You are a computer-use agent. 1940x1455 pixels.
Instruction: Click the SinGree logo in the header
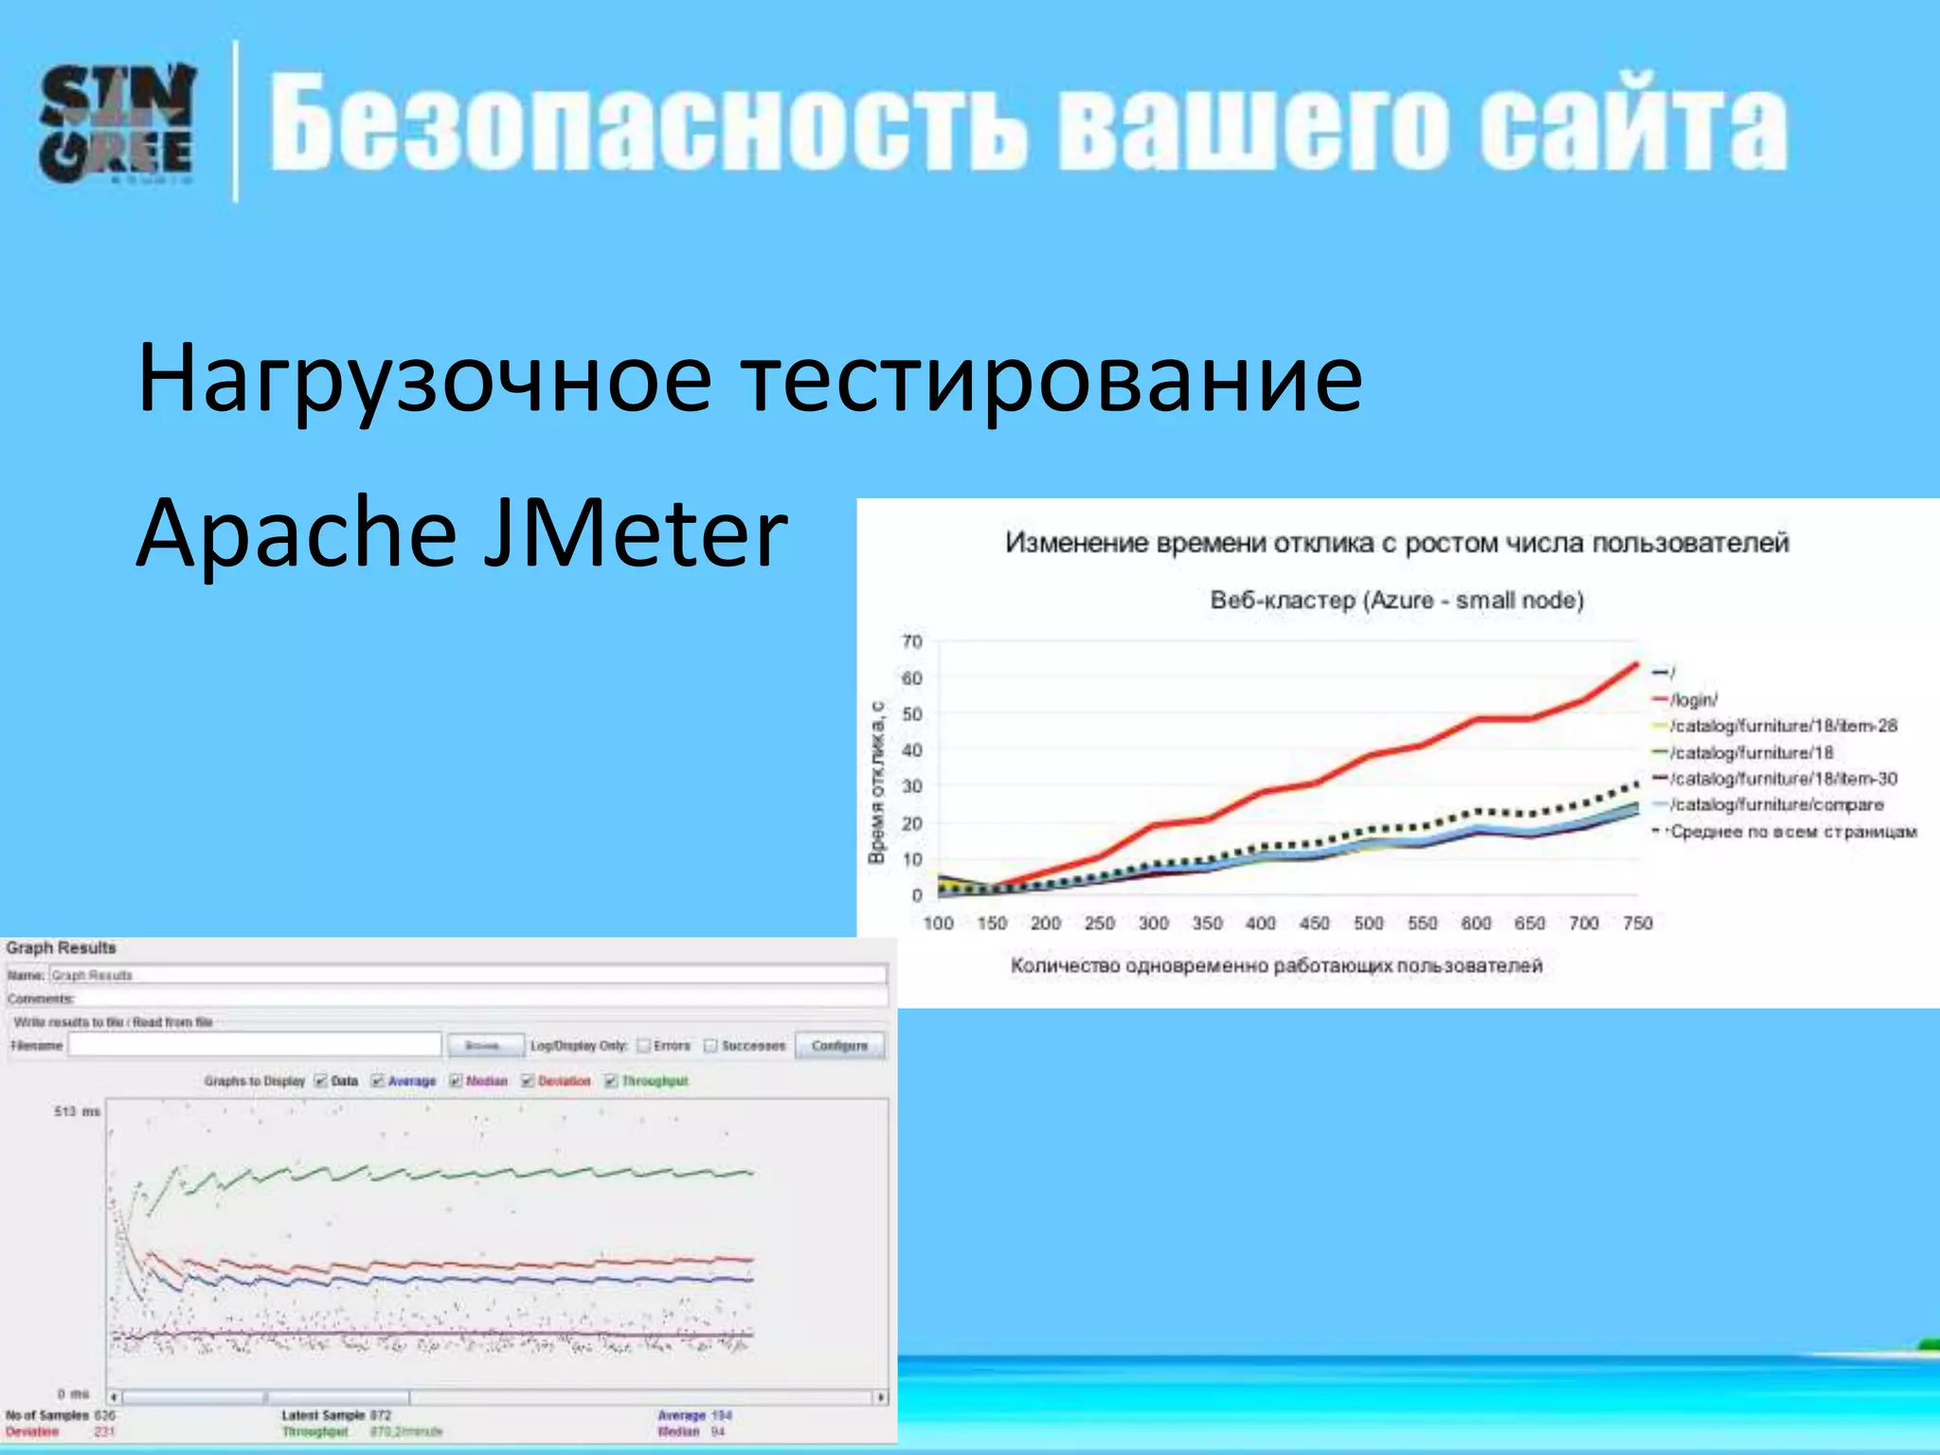(117, 123)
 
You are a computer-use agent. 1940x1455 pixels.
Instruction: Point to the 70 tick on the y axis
(911, 642)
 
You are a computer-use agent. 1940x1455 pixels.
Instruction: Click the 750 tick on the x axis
(1637, 923)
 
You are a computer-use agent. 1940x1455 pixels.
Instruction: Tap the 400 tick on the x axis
(1260, 923)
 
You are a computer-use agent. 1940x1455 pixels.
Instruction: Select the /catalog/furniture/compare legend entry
(1775, 804)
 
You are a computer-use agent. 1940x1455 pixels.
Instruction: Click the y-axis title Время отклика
(876, 781)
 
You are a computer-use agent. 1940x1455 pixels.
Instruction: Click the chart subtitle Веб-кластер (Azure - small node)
(1396, 601)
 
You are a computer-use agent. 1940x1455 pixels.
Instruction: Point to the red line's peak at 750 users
(1635, 664)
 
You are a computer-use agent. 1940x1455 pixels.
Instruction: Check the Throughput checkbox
(611, 1081)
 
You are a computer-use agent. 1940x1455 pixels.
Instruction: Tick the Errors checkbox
(644, 1046)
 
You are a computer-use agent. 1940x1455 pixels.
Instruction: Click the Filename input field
(255, 1045)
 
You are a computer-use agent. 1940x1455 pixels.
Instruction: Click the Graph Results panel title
(61, 948)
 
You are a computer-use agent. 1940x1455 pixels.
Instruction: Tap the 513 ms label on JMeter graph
(77, 1111)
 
